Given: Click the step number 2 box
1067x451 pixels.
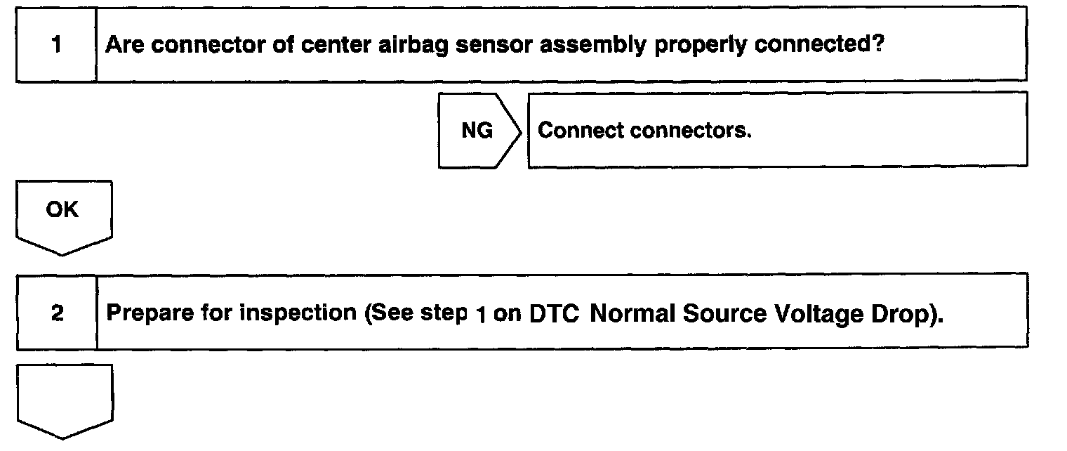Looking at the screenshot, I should [x=56, y=313].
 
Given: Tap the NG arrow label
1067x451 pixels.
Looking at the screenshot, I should [x=478, y=131].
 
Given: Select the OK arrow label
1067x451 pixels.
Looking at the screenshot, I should [x=63, y=211].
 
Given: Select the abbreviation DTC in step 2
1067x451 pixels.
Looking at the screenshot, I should [x=553, y=314].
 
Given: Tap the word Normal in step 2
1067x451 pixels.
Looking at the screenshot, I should [x=635, y=314].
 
